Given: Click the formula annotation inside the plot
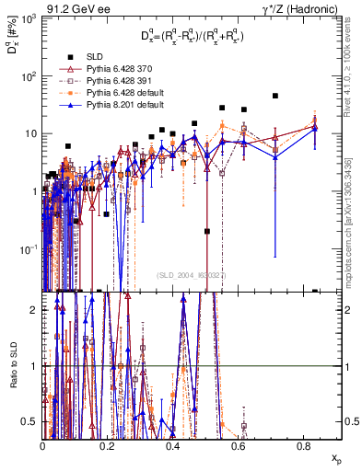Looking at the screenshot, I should point(191,36).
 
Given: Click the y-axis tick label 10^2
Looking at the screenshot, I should point(28,76).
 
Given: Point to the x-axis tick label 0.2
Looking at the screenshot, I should point(108,445).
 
